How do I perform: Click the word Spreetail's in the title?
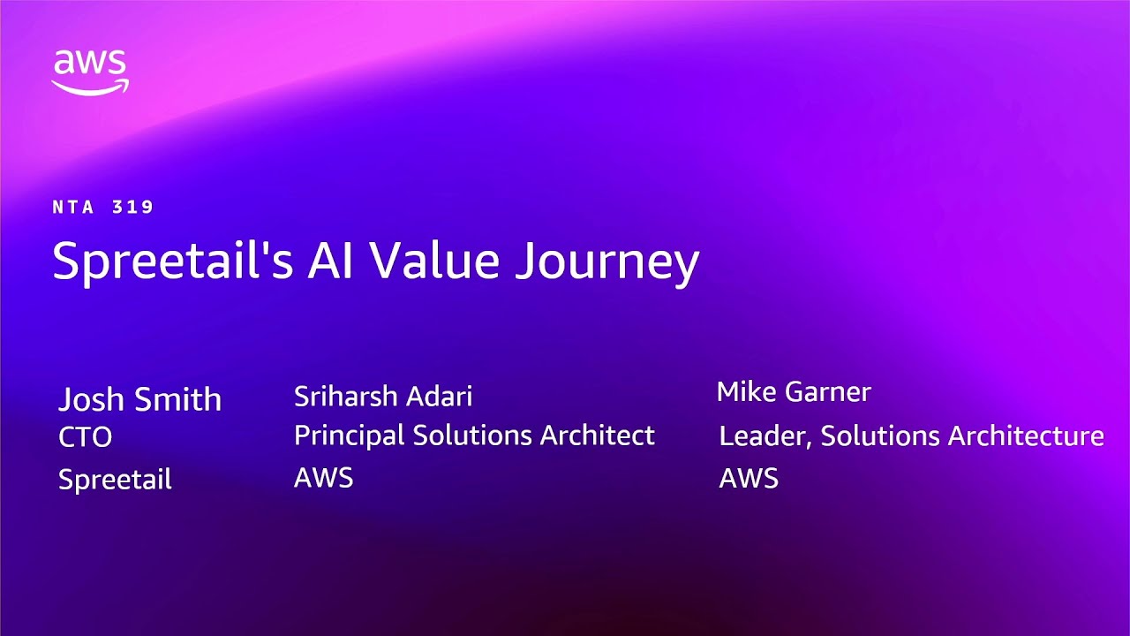tap(172, 262)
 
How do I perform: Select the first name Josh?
tap(91, 399)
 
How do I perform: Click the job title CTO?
tap(86, 437)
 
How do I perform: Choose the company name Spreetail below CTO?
tap(115, 480)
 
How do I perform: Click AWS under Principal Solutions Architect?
tap(324, 478)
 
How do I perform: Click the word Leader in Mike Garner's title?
tap(766, 436)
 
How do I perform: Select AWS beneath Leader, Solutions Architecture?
tap(749, 479)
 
